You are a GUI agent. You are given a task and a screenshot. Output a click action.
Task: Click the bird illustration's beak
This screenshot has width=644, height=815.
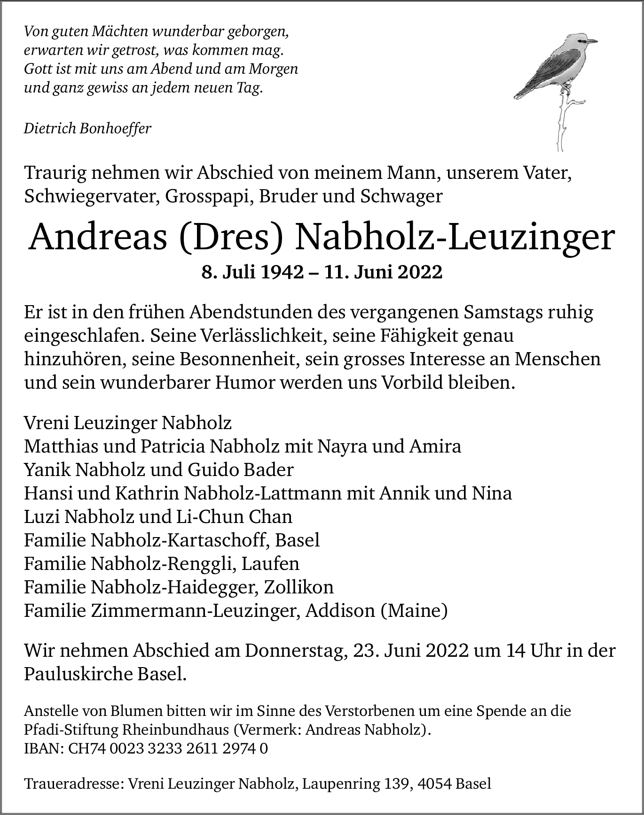pyautogui.click(x=593, y=41)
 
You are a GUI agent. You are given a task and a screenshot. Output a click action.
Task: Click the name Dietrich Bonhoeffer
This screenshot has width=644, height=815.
pyautogui.click(x=87, y=128)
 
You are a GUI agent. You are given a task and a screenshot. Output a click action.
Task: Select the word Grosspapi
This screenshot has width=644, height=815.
pyautogui.click(x=204, y=196)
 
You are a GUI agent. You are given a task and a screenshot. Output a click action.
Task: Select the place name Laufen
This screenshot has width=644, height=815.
pyautogui.click(x=270, y=563)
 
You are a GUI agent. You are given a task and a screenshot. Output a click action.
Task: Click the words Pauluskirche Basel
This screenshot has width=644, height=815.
pyautogui.click(x=105, y=675)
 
